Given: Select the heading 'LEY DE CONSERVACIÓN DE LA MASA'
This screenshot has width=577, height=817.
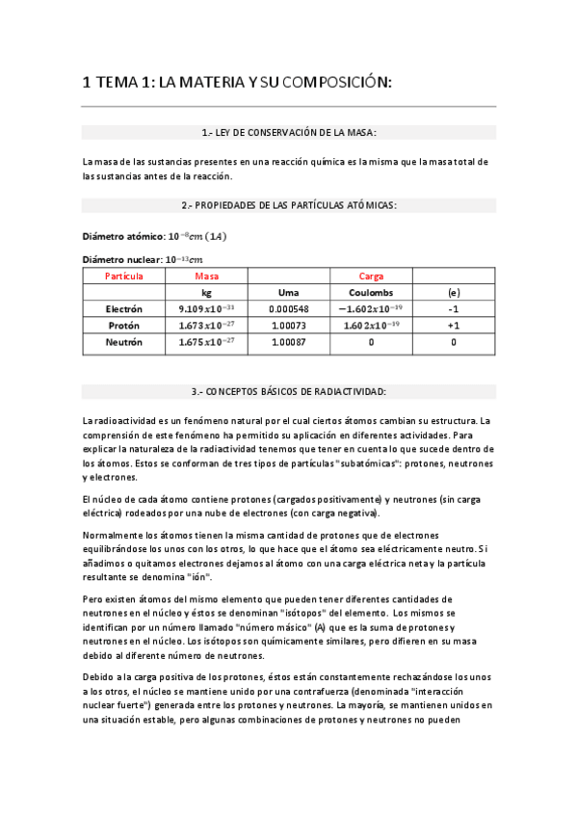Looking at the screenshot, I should click(289, 132).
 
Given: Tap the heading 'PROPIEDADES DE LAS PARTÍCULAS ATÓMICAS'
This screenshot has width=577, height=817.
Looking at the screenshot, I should click(289, 205).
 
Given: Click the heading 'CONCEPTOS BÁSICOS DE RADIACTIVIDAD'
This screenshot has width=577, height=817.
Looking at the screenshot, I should click(289, 391).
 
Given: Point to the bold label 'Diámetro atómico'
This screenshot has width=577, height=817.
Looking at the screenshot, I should click(124, 236).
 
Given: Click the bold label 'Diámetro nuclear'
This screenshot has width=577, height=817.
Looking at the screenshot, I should click(123, 259).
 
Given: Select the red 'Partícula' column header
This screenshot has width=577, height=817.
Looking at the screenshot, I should click(124, 276).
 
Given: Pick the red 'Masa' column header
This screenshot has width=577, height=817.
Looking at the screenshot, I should click(206, 276).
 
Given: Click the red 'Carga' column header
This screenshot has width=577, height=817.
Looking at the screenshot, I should click(371, 276).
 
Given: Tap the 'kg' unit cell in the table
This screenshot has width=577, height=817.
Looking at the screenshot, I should click(206, 292).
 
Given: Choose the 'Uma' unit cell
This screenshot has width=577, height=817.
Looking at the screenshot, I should click(288, 292).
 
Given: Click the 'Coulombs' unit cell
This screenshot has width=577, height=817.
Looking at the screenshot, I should click(371, 292).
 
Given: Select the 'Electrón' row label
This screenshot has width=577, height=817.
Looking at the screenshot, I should click(124, 309).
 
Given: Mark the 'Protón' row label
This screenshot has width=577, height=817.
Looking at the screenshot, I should click(124, 326).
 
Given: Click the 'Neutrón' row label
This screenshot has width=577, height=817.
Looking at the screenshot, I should click(124, 342).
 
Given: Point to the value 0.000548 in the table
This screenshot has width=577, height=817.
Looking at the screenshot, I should click(288, 309).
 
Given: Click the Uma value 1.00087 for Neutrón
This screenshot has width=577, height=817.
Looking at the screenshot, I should click(288, 342).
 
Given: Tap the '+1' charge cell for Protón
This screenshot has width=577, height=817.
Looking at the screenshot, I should click(454, 326).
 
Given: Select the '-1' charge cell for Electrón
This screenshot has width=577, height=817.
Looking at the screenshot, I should click(454, 309).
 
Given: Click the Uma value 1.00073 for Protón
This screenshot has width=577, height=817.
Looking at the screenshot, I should click(288, 326).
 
